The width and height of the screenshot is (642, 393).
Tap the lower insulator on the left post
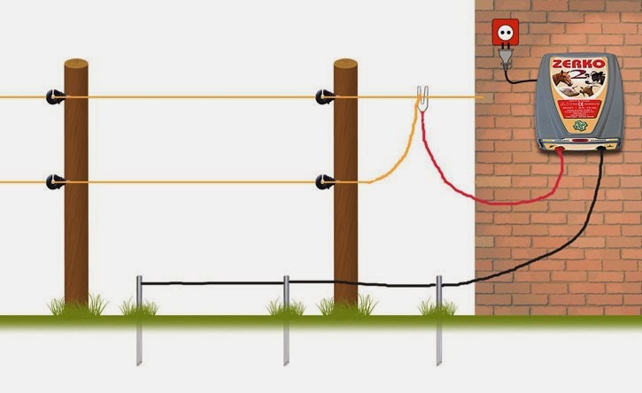tap(58, 182)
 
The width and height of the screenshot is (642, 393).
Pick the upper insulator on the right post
tap(326, 96)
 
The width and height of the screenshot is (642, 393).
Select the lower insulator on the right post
tap(326, 182)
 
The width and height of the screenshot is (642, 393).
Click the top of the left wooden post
tap(76, 65)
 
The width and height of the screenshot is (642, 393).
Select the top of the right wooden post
tap(345, 65)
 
